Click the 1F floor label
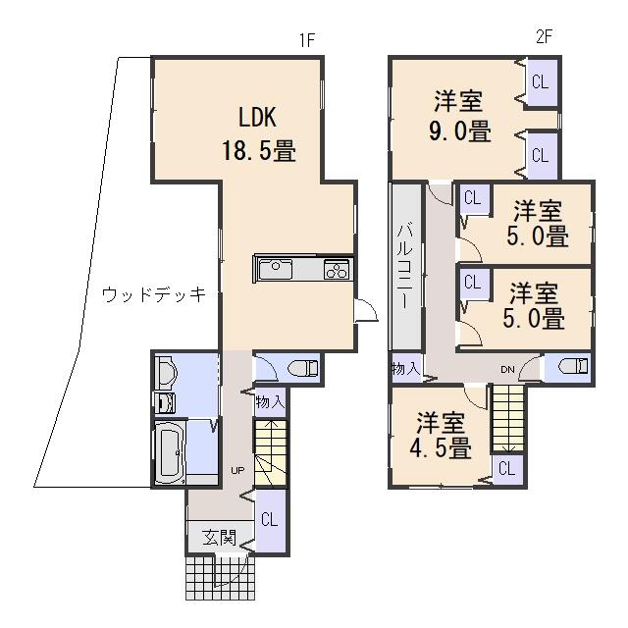coord(307,40)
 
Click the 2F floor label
coord(544,37)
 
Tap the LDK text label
coord(257,118)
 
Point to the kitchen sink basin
coord(276,269)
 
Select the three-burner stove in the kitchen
coord(337,269)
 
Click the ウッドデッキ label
coord(154,295)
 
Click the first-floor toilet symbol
coord(303,368)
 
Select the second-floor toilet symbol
coord(573,366)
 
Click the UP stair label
coord(237,471)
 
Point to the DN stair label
coord(507,370)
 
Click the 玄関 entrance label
coord(220,538)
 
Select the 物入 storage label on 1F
coord(271,401)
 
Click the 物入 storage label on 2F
coord(405,368)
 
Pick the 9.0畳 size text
coord(460,131)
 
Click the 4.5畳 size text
coord(441,447)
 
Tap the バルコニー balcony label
coord(405,267)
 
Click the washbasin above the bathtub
coord(167,373)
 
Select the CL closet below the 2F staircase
coord(507,469)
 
